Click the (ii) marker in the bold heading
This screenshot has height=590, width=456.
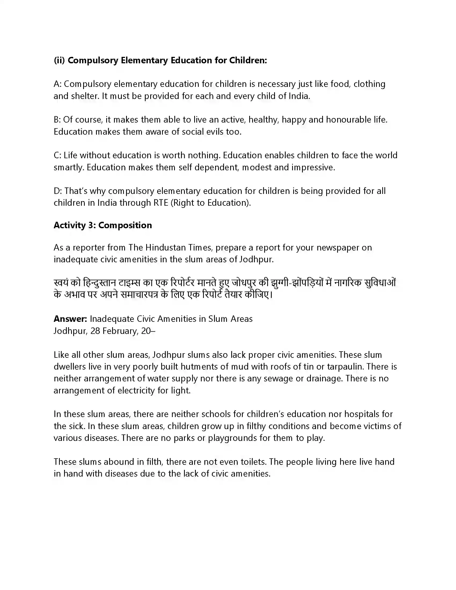59,60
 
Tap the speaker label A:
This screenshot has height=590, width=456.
58,84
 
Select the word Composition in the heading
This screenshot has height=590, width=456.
125,225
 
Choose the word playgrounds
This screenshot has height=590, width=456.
232,438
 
